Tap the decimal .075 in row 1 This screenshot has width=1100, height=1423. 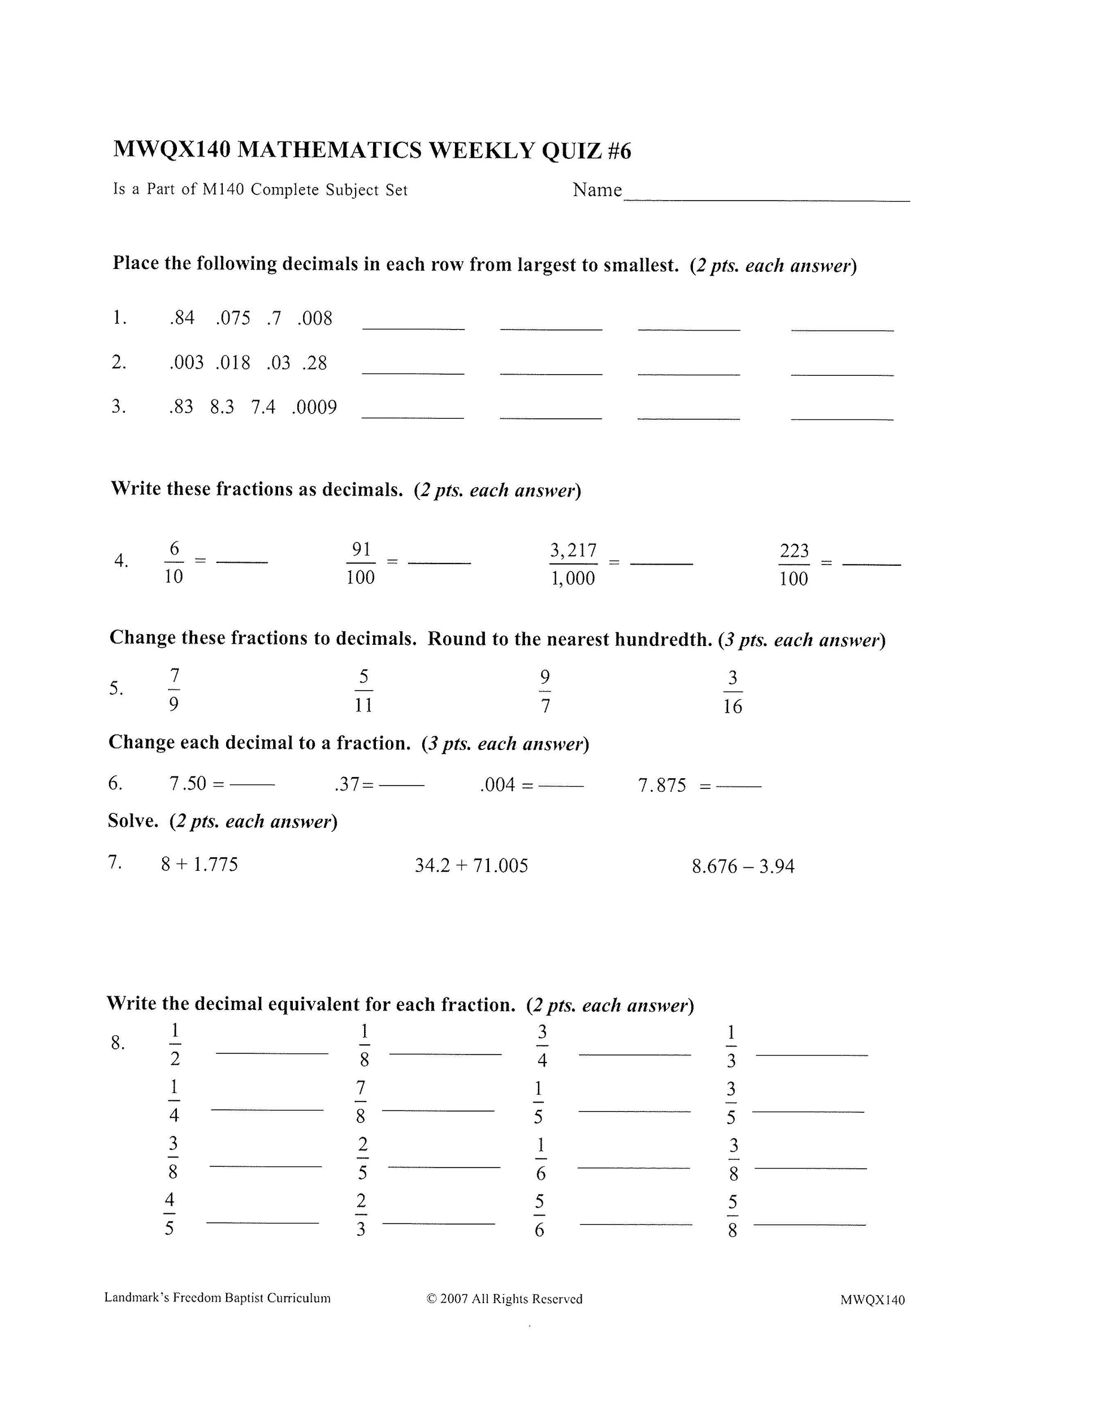tap(233, 318)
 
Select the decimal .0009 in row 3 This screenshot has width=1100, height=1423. tap(315, 407)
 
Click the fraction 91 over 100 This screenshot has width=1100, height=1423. tap(361, 563)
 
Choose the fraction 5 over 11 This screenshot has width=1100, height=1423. tap(363, 691)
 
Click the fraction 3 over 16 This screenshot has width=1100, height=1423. tap(733, 692)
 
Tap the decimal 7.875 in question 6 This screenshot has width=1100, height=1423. tap(662, 785)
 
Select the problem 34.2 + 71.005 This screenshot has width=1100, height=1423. tap(471, 865)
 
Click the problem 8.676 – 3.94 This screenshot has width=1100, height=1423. tap(743, 866)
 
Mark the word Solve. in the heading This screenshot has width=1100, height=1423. tap(133, 821)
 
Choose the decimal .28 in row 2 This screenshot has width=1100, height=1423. tap(315, 363)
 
